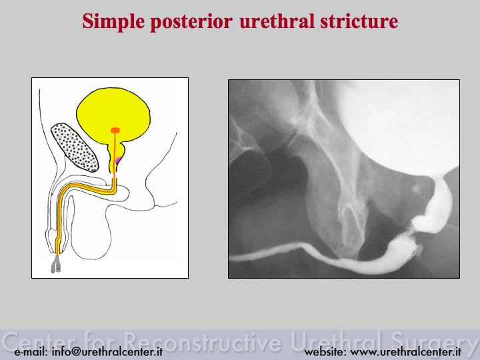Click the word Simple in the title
(x=113, y=21)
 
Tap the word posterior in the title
(x=191, y=22)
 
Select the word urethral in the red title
(x=277, y=21)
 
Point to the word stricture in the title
(x=359, y=21)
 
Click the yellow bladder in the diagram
(x=113, y=113)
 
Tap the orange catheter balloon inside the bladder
(x=115, y=130)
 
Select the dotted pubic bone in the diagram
(x=75, y=147)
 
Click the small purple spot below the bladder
(x=118, y=161)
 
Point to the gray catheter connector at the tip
(x=55, y=264)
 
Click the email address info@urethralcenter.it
(x=107, y=352)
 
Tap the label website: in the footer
(x=325, y=352)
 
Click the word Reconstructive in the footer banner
(x=203, y=341)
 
